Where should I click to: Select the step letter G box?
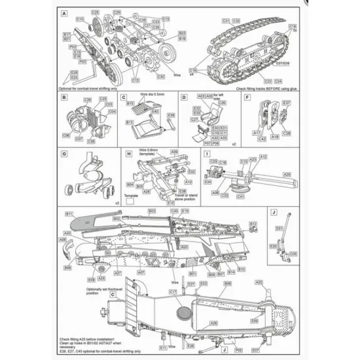[x=63, y=154]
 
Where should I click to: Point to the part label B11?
[x=68, y=214]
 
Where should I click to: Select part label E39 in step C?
[x=171, y=115]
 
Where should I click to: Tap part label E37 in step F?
[x=287, y=103]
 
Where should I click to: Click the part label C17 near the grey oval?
[x=173, y=291]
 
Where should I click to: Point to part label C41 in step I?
[x=240, y=196]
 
